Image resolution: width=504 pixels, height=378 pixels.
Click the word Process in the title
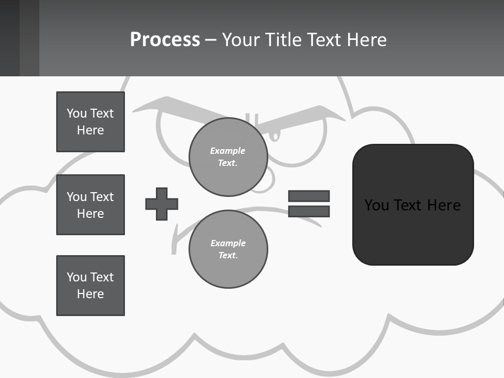[165, 39]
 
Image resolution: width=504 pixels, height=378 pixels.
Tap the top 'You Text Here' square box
[90, 122]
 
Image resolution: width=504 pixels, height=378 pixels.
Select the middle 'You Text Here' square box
[90, 205]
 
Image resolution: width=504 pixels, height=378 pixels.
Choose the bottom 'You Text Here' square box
[90, 286]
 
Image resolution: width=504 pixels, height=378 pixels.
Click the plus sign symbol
[162, 204]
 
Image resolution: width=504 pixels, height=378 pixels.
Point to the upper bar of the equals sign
[309, 196]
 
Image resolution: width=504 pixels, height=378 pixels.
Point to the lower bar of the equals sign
[309, 212]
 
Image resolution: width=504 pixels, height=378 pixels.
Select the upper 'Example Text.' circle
[228, 157]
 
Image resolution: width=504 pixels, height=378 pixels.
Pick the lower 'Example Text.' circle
[228, 249]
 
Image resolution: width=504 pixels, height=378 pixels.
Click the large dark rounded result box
[413, 231]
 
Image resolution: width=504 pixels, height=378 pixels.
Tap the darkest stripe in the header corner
[9, 38]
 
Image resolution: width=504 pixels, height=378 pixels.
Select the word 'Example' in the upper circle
[227, 151]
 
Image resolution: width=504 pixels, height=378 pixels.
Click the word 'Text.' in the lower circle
[228, 255]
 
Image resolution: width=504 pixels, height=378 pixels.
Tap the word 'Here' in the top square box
[90, 130]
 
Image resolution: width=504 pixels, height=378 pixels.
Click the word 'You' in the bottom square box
[77, 277]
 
